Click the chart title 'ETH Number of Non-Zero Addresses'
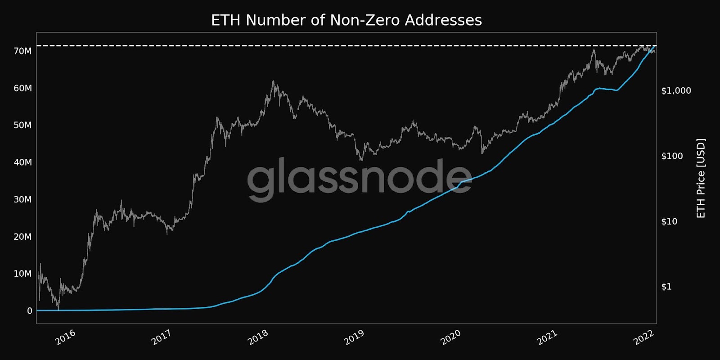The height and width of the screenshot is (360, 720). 346,20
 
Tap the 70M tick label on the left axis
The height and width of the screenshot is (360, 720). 22,51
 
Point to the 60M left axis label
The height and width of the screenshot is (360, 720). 22,88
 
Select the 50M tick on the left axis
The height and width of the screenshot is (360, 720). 22,125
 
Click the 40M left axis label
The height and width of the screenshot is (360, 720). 22,162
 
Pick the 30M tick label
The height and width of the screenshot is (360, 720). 22,199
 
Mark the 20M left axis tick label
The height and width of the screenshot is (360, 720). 22,237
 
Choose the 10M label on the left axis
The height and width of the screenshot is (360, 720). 22,274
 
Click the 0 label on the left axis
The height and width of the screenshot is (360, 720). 30,311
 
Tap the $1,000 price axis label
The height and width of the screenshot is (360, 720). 676,91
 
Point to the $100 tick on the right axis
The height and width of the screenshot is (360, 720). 672,156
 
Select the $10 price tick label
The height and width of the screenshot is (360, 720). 669,221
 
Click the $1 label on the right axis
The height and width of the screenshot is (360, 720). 666,287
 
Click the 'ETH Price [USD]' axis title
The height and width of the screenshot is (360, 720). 701,178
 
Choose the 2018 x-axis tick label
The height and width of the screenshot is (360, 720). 258,337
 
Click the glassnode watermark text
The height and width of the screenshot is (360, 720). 359,178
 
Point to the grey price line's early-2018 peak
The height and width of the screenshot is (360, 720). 273,81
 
